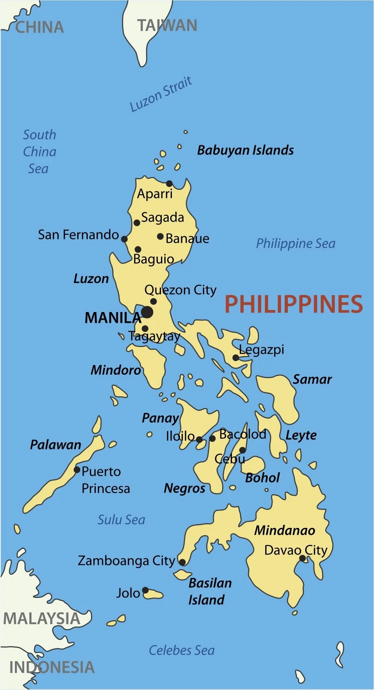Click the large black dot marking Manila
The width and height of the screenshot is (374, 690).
click(147, 312)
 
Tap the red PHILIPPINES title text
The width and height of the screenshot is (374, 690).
click(293, 304)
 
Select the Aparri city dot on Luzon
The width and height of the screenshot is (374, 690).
click(169, 184)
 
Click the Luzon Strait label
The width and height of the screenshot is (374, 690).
click(161, 94)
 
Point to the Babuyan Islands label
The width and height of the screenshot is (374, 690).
click(245, 150)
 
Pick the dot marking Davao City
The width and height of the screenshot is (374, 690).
click(302, 558)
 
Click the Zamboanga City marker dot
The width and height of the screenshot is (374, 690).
click(182, 562)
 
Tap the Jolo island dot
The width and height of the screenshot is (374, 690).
click(145, 590)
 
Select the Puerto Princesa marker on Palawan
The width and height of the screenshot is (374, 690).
click(77, 470)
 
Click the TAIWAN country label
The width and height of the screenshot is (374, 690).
click(167, 26)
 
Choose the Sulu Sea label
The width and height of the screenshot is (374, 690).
click(121, 520)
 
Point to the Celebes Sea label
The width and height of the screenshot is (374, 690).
click(182, 650)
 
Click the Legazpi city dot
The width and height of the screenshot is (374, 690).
click(236, 357)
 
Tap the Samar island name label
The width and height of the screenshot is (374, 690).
click(312, 379)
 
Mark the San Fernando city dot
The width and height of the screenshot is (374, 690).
click(124, 239)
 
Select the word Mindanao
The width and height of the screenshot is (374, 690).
click(284, 530)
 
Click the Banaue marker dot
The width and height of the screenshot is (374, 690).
click(160, 236)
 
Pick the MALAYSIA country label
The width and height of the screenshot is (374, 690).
click(41, 618)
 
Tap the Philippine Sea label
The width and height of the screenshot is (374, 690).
click(295, 243)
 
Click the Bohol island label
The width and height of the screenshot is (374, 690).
click(262, 478)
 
